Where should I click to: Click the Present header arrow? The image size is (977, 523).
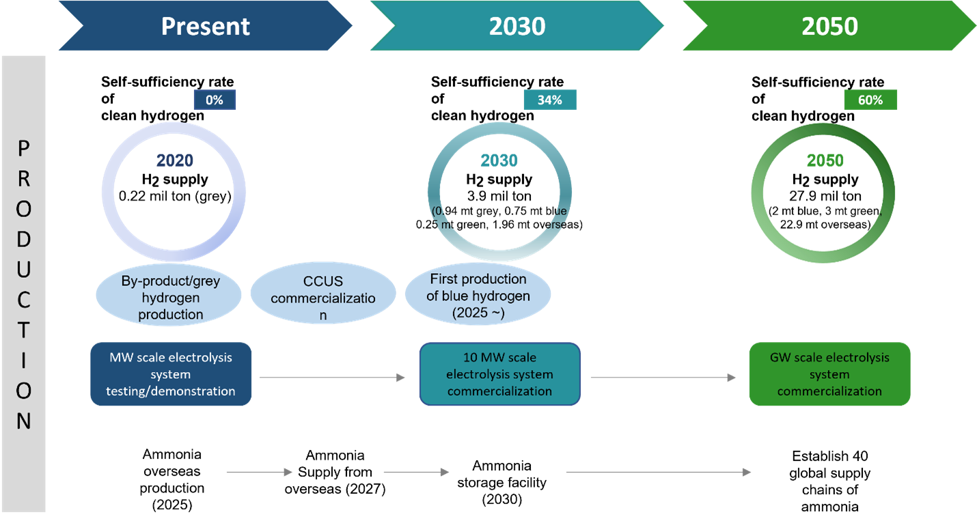(x=205, y=26)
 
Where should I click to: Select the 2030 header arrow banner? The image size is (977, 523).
(x=517, y=26)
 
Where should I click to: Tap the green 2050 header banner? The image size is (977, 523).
(x=829, y=26)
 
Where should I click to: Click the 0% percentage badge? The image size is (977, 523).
(x=215, y=100)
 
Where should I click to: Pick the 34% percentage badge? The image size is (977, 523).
(x=550, y=100)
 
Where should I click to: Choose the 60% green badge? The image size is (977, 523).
(x=870, y=100)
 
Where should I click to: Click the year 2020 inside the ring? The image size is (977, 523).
(x=175, y=160)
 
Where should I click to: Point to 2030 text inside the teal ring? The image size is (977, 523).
(x=499, y=160)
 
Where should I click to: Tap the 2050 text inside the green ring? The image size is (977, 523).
(x=825, y=160)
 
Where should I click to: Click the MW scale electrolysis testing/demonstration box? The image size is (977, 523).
(x=171, y=374)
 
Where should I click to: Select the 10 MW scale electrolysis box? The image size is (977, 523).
(x=499, y=374)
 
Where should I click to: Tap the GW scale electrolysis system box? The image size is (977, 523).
(x=829, y=374)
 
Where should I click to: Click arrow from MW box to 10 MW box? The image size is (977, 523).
(x=332, y=377)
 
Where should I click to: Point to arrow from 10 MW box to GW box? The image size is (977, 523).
(x=663, y=377)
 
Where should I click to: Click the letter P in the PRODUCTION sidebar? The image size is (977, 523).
(x=24, y=148)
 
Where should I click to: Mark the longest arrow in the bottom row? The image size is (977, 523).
(x=659, y=472)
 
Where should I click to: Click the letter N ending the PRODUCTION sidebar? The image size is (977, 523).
(x=24, y=421)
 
